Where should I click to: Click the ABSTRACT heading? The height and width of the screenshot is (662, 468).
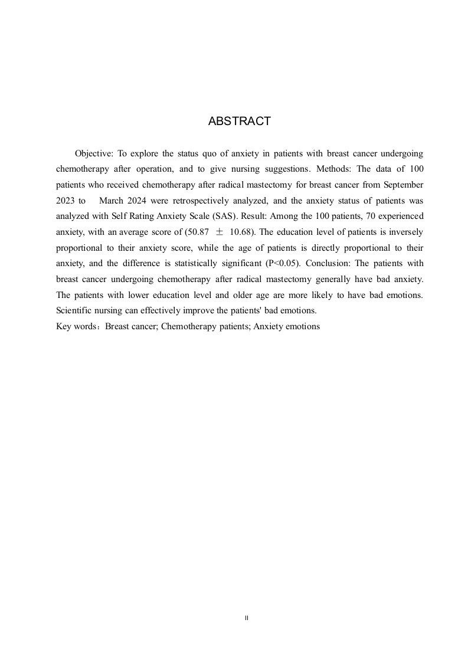(x=239, y=122)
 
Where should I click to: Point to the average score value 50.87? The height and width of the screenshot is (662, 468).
(x=197, y=232)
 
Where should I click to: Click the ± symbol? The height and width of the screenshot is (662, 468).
(x=219, y=232)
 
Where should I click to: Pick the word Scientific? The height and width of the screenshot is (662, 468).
(x=76, y=310)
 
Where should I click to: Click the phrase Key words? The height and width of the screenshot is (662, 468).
(x=77, y=326)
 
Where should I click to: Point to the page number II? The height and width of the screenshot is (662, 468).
(x=247, y=618)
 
